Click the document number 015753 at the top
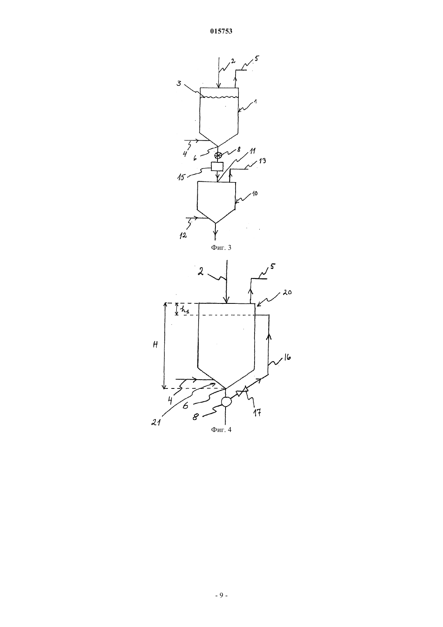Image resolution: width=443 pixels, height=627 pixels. (221, 31)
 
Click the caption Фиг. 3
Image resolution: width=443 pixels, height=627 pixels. (221, 247)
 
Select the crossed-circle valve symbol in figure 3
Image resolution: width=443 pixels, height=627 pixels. (218, 156)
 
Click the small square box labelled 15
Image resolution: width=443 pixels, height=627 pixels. (217, 166)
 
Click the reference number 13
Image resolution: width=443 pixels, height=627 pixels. (262, 161)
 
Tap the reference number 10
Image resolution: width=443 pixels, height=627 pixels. (255, 193)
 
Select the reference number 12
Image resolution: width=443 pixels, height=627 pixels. (183, 236)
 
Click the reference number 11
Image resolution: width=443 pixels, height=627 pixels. (252, 151)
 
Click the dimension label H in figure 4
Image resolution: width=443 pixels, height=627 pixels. (155, 345)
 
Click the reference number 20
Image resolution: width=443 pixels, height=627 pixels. (287, 293)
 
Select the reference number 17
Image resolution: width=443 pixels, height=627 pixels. (258, 412)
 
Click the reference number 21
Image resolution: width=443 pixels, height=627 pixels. (156, 422)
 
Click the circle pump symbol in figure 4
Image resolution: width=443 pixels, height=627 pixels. (226, 402)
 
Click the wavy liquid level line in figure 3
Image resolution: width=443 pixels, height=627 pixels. (219, 97)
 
